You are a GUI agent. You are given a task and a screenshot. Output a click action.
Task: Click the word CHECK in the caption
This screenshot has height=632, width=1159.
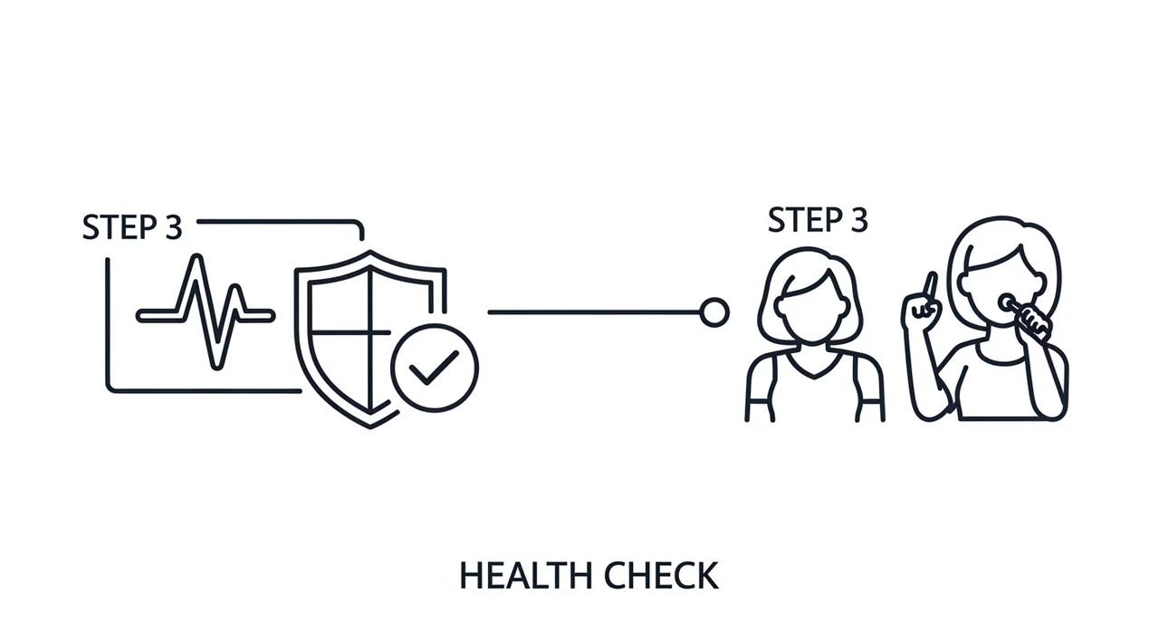coord(662,576)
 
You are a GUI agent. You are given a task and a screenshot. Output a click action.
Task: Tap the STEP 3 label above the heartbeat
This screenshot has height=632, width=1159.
coord(132,227)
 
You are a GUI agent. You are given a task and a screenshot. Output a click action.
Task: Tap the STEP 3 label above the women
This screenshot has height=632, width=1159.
coord(818,220)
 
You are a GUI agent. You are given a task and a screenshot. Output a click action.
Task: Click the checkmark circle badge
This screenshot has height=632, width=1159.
coord(435,368)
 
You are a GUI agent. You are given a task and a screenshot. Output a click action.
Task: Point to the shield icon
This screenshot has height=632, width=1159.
coord(370,339)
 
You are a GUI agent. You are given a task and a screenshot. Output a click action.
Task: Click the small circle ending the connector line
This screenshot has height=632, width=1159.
coord(714,312)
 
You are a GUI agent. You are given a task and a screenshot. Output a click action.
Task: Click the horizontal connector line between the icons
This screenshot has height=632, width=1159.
coord(594,312)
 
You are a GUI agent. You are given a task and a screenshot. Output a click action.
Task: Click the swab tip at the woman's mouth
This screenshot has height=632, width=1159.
coord(1007,302)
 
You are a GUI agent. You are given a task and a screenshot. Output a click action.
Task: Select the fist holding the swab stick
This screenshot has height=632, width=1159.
coord(1034,322)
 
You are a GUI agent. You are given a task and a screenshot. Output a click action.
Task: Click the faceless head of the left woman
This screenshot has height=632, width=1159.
coord(812,305)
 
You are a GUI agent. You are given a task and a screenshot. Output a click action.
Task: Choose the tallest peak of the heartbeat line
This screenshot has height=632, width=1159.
coord(196,256)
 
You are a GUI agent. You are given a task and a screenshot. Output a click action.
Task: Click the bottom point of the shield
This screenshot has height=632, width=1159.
coord(370,426)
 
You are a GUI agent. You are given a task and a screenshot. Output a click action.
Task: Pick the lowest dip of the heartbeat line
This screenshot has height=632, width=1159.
coord(217,366)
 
